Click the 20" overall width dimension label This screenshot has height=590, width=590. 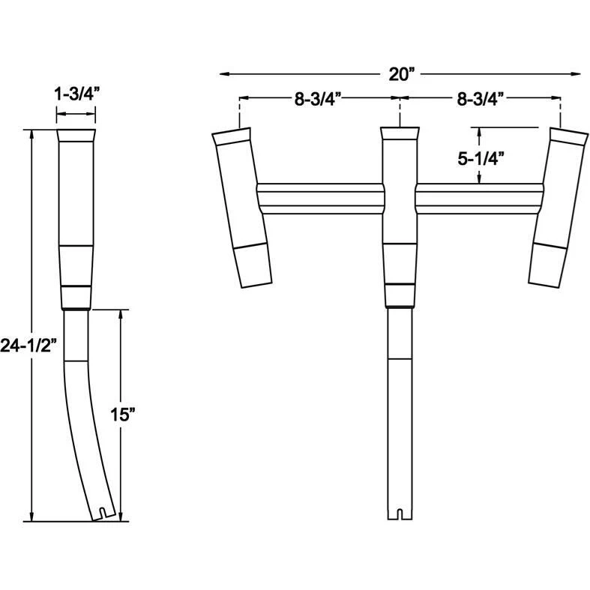point(401,73)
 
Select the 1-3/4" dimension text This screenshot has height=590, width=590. point(76,94)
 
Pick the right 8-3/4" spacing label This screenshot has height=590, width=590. point(480,97)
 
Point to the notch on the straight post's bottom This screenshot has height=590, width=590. point(400,514)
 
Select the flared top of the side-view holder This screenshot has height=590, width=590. point(76,136)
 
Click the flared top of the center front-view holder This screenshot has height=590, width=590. point(400,133)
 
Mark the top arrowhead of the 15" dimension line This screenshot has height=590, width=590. point(121,313)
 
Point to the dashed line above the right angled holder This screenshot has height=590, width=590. point(560,112)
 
